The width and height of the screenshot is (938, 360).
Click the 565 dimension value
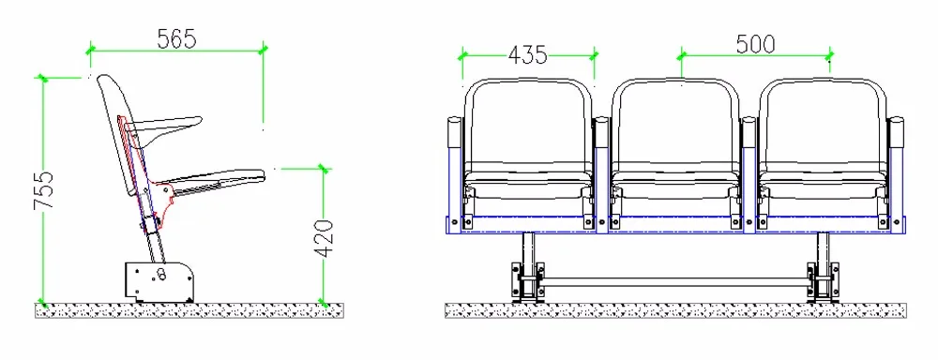coord(175,39)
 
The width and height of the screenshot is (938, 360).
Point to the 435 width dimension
coord(527,54)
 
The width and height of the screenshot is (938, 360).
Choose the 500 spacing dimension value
coord(755,43)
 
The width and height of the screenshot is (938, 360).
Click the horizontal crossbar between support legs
coord(675,279)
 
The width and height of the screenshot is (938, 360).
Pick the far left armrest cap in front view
coord(455,127)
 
